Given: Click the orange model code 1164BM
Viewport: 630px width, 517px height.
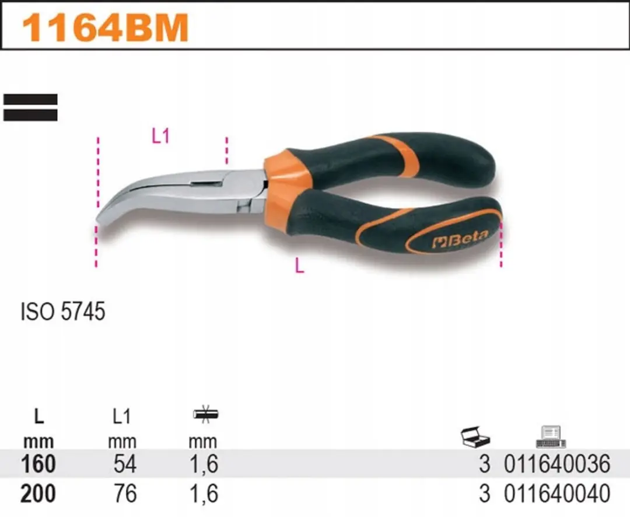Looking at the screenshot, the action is (x=105, y=27).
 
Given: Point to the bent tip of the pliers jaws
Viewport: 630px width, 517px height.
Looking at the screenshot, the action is (x=101, y=219).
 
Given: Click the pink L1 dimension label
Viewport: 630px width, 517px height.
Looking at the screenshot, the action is (x=161, y=136).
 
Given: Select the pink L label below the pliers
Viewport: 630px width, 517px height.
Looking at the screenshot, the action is (x=299, y=266).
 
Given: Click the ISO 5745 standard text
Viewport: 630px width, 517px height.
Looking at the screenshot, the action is (x=62, y=311).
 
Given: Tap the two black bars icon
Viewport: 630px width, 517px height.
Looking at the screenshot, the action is (x=30, y=107).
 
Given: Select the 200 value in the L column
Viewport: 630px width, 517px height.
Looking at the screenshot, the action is (x=38, y=494).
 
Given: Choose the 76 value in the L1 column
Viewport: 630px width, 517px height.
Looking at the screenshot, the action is (x=125, y=494).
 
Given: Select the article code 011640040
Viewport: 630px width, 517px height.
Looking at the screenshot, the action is (x=557, y=494).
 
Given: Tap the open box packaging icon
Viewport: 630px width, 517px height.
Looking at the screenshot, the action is (x=475, y=436).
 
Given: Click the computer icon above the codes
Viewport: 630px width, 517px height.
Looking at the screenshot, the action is (x=551, y=437).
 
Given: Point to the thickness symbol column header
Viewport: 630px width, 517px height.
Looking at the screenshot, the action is (x=205, y=414).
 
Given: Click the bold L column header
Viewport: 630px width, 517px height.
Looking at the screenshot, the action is (x=38, y=417).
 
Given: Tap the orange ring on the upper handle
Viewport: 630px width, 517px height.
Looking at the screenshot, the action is (x=398, y=155).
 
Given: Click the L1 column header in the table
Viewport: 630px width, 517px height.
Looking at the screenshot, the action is (x=122, y=417).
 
